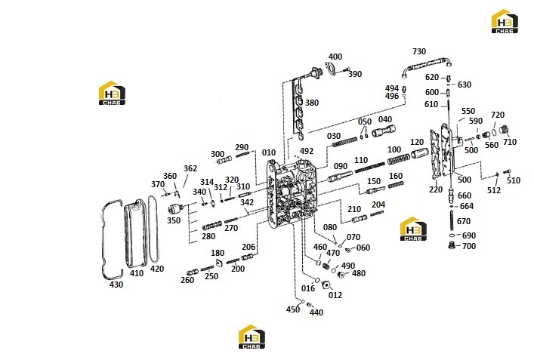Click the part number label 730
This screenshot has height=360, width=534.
[419, 51]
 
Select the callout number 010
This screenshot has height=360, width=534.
[269, 152]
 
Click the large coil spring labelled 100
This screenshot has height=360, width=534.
[399, 159]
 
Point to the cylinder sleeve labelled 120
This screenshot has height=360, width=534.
[419, 153]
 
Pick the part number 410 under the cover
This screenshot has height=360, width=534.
[137, 273]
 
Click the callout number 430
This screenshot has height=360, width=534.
[116, 285]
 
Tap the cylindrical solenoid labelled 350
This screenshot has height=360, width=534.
[177, 208]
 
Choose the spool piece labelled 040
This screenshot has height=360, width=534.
[383, 131]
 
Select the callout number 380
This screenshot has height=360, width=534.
[312, 103]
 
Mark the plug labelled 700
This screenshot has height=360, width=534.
[452, 245]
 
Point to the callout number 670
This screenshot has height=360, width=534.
[464, 221]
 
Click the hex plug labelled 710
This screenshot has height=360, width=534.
[504, 130]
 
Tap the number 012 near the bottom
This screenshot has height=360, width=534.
[335, 295]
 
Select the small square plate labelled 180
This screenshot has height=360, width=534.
[219, 263]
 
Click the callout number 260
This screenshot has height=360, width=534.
[187, 280]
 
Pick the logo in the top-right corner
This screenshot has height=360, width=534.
[505, 21]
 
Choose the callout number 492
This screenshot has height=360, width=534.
[307, 151]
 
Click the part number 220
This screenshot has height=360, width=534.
[436, 189]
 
